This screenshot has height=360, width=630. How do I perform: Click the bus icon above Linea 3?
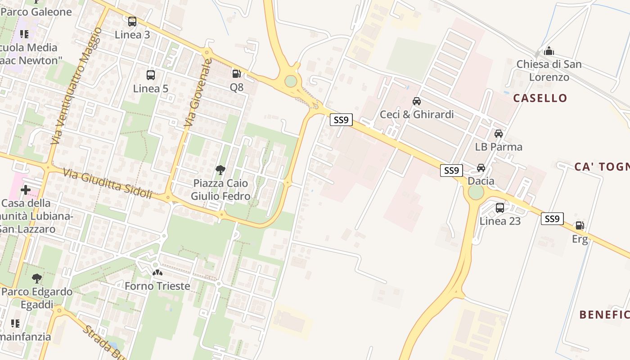tap(132, 21)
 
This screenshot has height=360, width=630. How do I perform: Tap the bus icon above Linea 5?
tap(151, 75)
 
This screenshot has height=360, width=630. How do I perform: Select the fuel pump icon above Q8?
tap(236, 73)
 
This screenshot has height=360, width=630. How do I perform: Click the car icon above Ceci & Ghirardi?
tap(417, 101)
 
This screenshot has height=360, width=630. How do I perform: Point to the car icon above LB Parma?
tap(499, 134)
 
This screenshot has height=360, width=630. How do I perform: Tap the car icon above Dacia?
tap(481, 168)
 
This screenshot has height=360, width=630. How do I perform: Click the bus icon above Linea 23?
tap(500, 207)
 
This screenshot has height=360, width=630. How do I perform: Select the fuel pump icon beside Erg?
tap(580, 225)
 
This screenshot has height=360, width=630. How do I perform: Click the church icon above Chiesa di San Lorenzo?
tap(549, 51)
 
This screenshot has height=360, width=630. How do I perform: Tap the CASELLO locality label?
tap(540, 98)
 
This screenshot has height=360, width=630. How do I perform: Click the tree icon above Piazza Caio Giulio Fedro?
tap(220, 170)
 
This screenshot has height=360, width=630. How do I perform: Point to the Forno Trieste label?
tap(157, 286)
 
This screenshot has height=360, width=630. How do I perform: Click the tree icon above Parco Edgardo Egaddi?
tap(37, 279)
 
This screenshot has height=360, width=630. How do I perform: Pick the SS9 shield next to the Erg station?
tap(552, 219)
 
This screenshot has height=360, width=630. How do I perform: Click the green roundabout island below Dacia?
tap(476, 193)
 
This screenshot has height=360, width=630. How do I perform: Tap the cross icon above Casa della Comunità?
tap(26, 190)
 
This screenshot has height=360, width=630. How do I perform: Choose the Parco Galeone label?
tap(37, 12)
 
